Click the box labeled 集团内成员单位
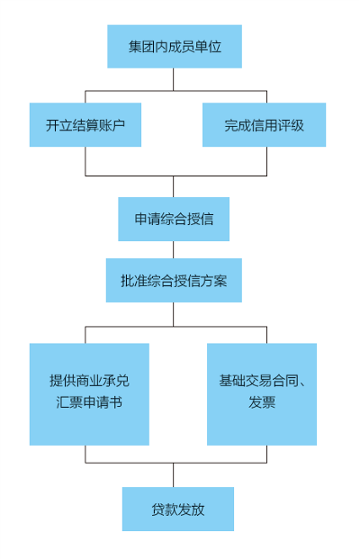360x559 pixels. pyautogui.click(x=175, y=46)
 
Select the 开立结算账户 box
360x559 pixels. pyautogui.click(x=85, y=125)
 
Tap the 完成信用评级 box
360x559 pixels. pyautogui.click(x=264, y=125)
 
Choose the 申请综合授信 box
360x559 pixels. pyautogui.click(x=174, y=219)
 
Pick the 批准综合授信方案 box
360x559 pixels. pyautogui.click(x=174, y=280)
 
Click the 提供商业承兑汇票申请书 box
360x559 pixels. pyautogui.click(x=89, y=394)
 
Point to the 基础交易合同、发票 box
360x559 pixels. pyautogui.click(x=262, y=394)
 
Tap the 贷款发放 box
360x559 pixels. pyautogui.click(x=178, y=509)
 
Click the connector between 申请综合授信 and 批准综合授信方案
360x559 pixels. pyautogui.click(x=174, y=249)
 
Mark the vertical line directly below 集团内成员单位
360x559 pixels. pyautogui.click(x=174, y=79)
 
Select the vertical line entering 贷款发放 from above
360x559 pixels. pyautogui.click(x=174, y=475)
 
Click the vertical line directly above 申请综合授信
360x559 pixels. pyautogui.click(x=174, y=186)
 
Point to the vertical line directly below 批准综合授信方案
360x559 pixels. pyautogui.click(x=174, y=314)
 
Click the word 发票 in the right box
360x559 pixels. pyautogui.click(x=262, y=402)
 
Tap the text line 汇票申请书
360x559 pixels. pyautogui.click(x=89, y=402)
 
